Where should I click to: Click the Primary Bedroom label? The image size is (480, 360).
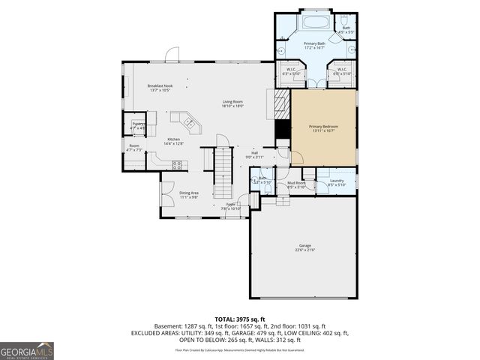click(323, 127)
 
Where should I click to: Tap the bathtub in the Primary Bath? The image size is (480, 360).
click(314, 21)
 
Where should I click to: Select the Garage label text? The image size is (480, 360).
click(304, 246)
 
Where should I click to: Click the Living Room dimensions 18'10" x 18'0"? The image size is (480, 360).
click(232, 106)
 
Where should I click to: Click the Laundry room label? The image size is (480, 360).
click(336, 181)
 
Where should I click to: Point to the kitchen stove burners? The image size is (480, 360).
click(177, 164)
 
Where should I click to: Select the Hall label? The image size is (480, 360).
click(254, 154)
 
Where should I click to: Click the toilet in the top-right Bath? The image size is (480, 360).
click(343, 19)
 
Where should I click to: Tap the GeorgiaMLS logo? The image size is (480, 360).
click(27, 349)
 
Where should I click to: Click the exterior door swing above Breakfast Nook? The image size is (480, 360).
click(172, 54)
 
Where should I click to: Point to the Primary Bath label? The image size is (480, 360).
click(314, 45)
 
